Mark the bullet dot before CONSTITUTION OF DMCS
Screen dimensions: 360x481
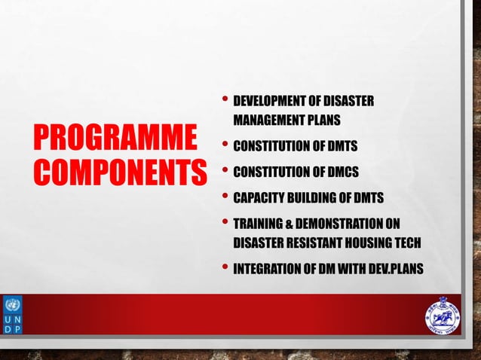[225, 170]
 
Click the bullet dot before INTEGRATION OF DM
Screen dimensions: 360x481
[225, 267]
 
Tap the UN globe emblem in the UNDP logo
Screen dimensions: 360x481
[12, 305]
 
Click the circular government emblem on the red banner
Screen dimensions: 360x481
[442, 315]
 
